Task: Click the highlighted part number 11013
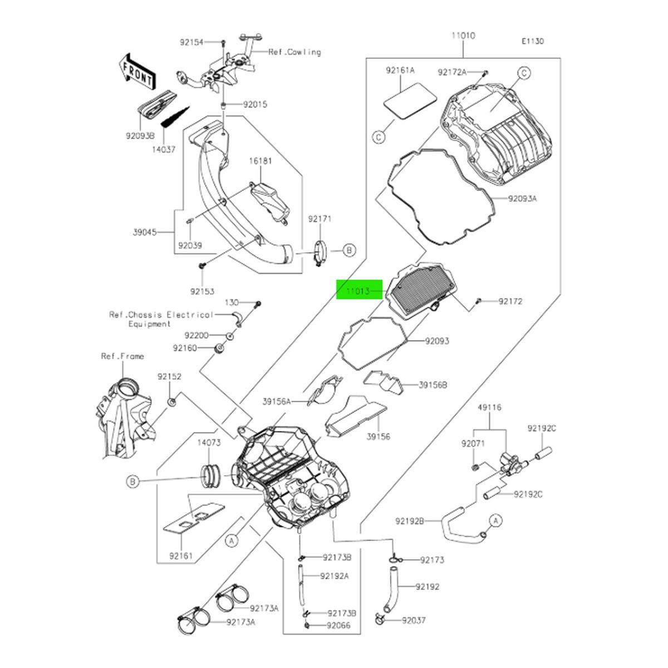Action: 359,291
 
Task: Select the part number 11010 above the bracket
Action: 463,36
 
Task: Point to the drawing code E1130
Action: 533,41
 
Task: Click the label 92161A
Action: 400,71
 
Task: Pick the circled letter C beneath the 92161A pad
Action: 379,136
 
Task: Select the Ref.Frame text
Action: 122,356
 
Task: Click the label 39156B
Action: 433,385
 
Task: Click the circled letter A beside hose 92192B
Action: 496,520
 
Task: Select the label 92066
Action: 339,625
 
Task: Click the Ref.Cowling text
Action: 294,52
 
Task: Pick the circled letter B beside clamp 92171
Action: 348,251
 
